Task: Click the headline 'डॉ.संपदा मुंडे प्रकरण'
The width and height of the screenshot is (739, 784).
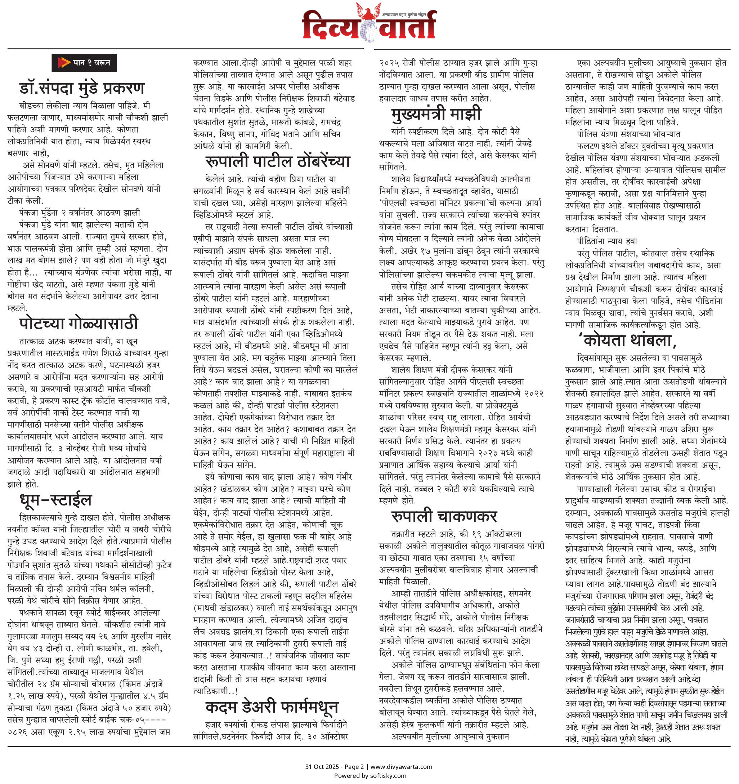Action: (x=82, y=88)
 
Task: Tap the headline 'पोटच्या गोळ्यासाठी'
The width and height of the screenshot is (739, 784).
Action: (x=79, y=324)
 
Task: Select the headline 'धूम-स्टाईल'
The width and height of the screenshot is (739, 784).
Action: (x=55, y=500)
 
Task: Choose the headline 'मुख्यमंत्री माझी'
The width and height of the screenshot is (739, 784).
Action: (x=436, y=114)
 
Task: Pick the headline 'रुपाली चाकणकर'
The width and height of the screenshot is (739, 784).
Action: (x=444, y=516)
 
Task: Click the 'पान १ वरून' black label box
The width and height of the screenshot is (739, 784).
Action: (x=84, y=63)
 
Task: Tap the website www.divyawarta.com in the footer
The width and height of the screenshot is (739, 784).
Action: (x=401, y=767)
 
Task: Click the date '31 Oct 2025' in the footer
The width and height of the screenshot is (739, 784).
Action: (x=322, y=767)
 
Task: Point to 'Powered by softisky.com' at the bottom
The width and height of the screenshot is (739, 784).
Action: (x=370, y=776)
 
